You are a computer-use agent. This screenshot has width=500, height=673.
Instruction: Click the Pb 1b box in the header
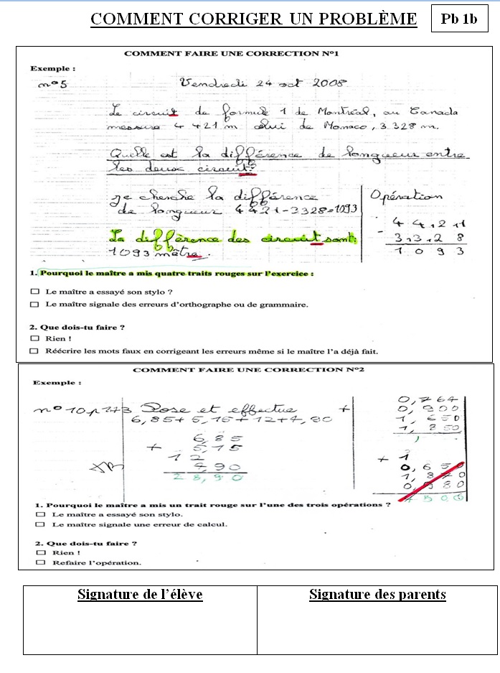point(458,19)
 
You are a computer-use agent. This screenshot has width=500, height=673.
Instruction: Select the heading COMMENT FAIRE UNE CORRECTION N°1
point(231,54)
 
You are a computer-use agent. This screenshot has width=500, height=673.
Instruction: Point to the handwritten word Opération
point(406,196)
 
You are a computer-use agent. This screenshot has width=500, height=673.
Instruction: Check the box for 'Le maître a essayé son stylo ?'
point(34,292)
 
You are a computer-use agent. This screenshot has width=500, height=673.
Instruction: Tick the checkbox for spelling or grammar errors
point(34,305)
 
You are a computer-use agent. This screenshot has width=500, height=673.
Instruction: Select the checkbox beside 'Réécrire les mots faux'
point(34,351)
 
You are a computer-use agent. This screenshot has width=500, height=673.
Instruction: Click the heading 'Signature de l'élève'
point(140,595)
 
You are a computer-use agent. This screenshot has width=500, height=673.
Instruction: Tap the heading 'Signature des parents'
point(377,595)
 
